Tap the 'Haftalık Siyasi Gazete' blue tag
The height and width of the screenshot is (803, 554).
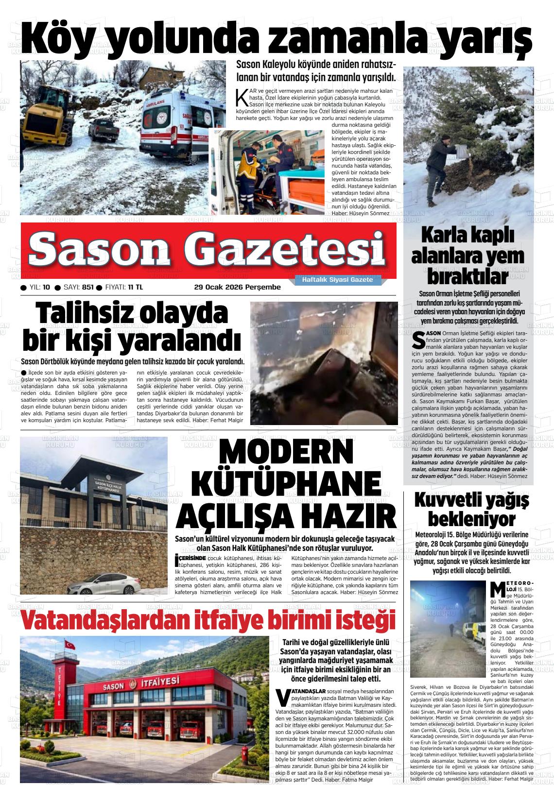pos(337,280)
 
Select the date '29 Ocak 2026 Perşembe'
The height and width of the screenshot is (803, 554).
pos(237,287)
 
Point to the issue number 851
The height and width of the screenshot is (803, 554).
pos(88,287)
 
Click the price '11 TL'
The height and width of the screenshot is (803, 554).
pos(136,287)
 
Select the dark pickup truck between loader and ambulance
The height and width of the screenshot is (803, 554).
pos(103,130)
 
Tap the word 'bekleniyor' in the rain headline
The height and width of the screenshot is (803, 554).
pos(471,519)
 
